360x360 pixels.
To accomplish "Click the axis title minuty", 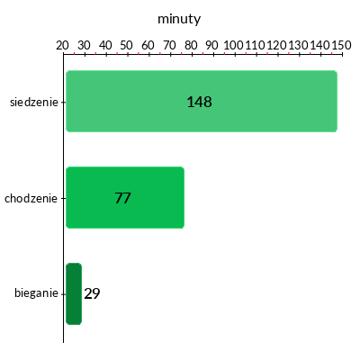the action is tap(179, 19).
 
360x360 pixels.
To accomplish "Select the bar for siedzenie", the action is tap(202, 101).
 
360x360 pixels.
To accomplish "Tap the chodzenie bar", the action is tap(125, 197).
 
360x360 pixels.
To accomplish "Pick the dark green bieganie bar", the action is tap(74, 293).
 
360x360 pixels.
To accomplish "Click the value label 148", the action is tap(200, 102).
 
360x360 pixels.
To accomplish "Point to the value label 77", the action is tap(122, 198).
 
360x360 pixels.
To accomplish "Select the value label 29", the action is tap(92, 293).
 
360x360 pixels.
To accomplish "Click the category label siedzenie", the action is tap(34, 102).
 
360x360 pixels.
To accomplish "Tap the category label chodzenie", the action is tap(31, 198).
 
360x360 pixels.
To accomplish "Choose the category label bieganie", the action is tap(36, 292).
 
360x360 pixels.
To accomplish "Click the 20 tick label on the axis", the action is tap(62, 45).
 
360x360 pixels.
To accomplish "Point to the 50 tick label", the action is tap(126, 45).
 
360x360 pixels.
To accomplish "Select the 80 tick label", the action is tap(191, 45).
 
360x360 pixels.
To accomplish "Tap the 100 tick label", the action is tap(233, 45).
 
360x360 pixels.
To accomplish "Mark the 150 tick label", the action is tap(341, 45).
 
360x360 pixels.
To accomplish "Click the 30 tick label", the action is tap(84, 45).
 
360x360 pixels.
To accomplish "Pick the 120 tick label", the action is tap(276, 45).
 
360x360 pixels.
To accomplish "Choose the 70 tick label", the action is tap(169, 45).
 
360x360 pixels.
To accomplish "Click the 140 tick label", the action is tap(319, 45).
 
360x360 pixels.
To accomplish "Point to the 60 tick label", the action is tap(148, 45).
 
